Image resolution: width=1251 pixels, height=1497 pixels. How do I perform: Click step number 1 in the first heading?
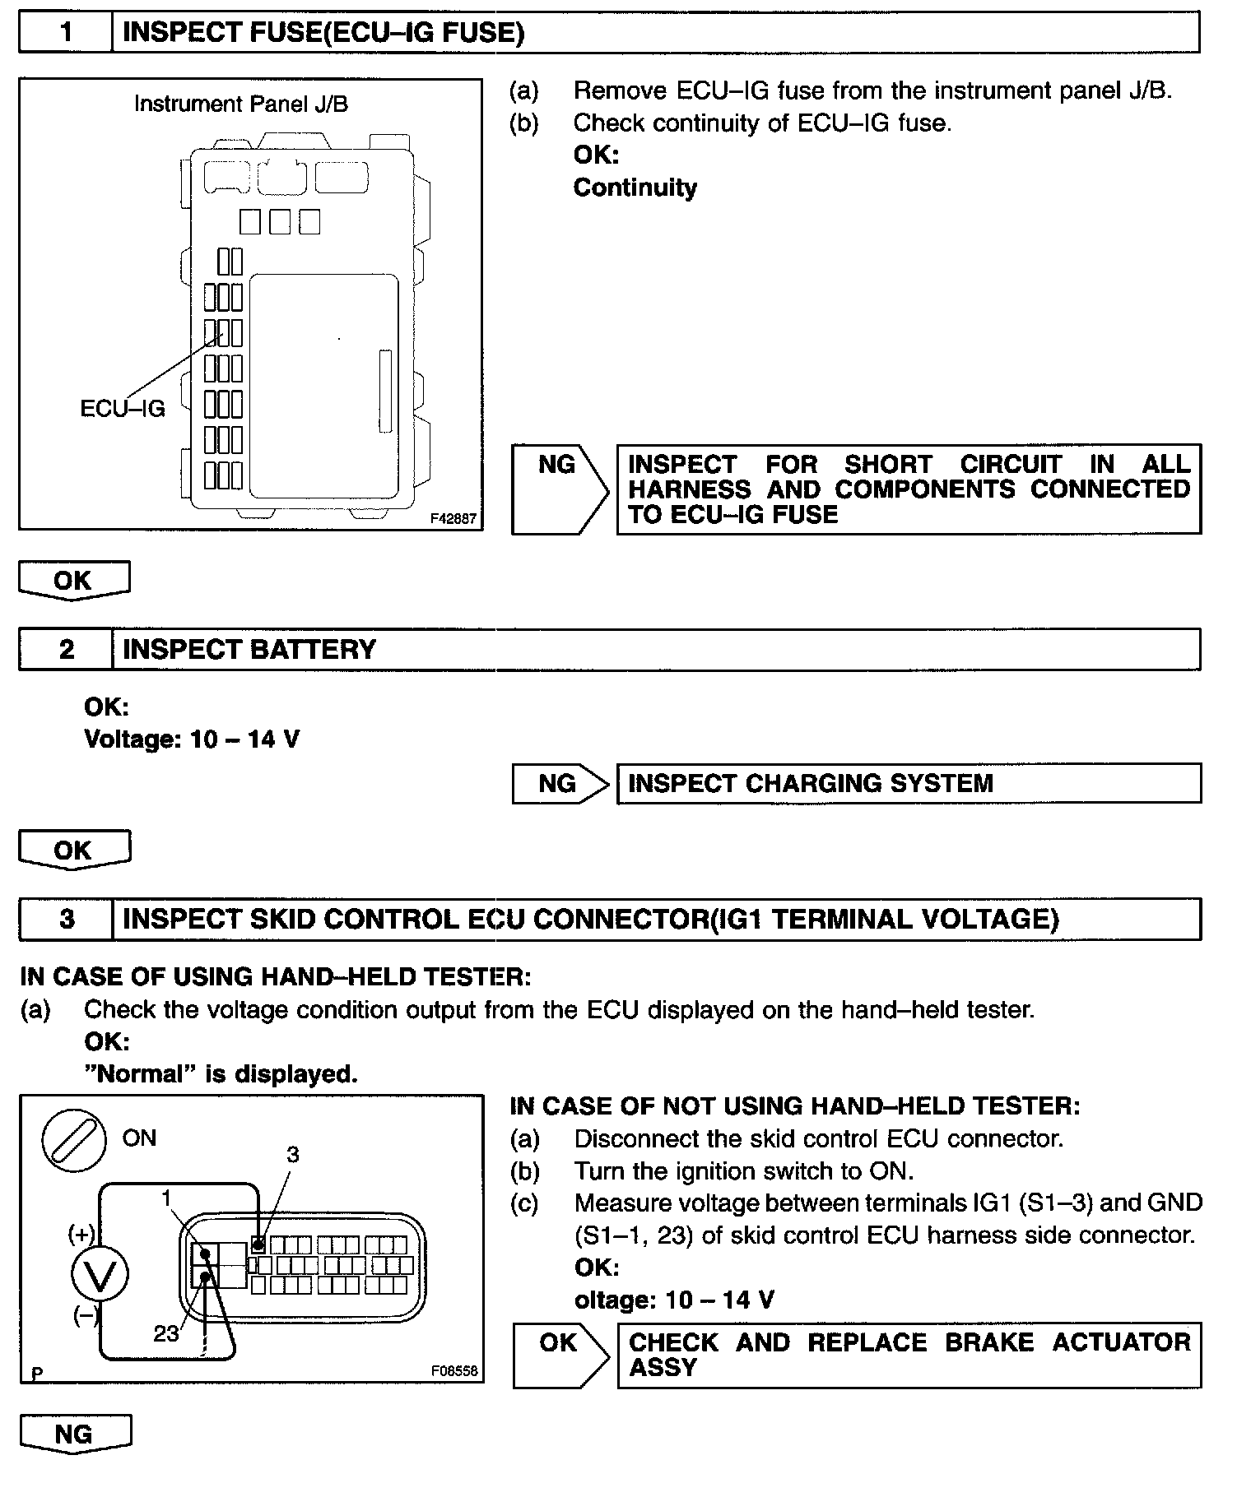(x=66, y=33)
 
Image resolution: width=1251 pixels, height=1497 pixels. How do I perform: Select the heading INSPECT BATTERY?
(x=249, y=650)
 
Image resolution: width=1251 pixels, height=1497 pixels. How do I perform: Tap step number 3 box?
(x=66, y=919)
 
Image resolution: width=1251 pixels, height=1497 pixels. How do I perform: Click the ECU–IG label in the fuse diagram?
(x=123, y=409)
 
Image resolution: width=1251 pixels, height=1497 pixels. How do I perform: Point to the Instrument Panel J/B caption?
(x=240, y=104)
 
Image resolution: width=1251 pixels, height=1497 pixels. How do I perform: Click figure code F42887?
(x=453, y=519)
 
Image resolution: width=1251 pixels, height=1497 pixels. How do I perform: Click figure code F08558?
(x=453, y=1371)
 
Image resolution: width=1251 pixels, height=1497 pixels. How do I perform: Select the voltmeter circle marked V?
(x=100, y=1275)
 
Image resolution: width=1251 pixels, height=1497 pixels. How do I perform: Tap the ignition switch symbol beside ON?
(x=73, y=1139)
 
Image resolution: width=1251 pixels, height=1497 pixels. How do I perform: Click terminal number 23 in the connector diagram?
(x=165, y=1332)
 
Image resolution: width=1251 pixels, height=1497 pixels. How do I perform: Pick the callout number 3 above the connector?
(x=292, y=1155)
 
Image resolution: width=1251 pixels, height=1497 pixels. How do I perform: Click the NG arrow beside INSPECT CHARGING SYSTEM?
(x=560, y=783)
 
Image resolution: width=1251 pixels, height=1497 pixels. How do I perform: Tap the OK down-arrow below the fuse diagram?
(x=73, y=580)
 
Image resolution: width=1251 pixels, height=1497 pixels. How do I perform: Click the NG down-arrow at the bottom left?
(x=74, y=1434)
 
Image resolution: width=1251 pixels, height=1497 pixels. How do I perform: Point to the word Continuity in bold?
(x=635, y=188)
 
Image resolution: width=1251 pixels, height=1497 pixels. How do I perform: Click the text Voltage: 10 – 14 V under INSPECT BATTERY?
(x=192, y=739)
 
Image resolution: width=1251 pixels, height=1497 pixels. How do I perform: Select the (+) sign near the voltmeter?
(x=81, y=1233)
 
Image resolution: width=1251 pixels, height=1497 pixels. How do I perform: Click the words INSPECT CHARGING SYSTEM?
(x=811, y=783)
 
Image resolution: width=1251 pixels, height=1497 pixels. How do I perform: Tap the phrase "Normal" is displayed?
(x=221, y=1074)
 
